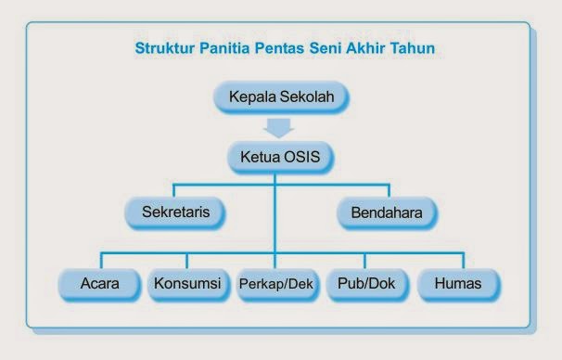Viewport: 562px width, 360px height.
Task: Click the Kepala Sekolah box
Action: click(275, 96)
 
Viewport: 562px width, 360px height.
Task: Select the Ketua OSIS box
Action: click(275, 156)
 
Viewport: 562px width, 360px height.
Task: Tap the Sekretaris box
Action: click(174, 212)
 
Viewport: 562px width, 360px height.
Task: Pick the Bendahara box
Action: click(387, 212)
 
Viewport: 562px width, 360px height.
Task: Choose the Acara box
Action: click(98, 283)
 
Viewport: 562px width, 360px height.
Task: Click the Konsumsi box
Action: click(187, 283)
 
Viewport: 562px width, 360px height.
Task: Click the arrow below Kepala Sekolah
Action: click(275, 126)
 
